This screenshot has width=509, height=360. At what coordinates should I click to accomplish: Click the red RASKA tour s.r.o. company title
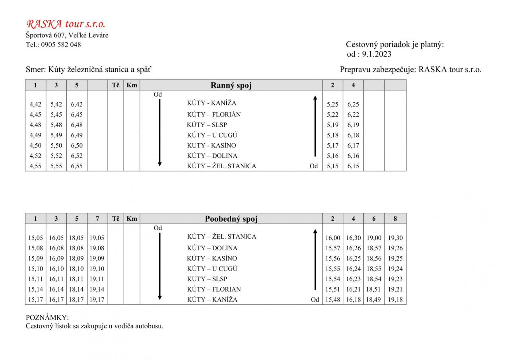(x=66, y=24)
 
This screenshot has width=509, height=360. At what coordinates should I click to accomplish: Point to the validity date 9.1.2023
(x=377, y=54)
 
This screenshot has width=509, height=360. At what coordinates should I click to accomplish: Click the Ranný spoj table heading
(x=231, y=85)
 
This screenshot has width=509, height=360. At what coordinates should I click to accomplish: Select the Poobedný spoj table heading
(x=231, y=219)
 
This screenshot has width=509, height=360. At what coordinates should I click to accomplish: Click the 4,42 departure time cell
(x=35, y=104)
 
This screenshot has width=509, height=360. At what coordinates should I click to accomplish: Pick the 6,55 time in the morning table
(x=77, y=166)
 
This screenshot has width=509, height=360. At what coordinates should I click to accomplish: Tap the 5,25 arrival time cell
(x=332, y=104)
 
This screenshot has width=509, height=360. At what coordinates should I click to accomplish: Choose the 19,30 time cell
(x=395, y=238)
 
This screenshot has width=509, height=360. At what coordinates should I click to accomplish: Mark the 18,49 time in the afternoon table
(x=374, y=300)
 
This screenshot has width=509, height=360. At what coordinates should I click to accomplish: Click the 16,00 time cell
(x=333, y=238)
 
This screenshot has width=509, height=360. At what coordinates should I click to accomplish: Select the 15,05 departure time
(x=35, y=238)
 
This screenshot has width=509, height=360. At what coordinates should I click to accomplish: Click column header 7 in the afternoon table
(x=97, y=218)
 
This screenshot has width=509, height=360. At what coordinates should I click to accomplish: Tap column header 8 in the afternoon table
(x=395, y=218)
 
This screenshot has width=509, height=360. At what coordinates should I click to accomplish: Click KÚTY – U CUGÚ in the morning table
(x=212, y=135)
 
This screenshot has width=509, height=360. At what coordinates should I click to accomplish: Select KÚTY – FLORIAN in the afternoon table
(x=214, y=290)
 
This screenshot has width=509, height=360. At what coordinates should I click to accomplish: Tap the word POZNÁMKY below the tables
(x=47, y=318)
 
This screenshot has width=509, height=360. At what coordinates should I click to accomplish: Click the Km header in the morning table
(x=132, y=85)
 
